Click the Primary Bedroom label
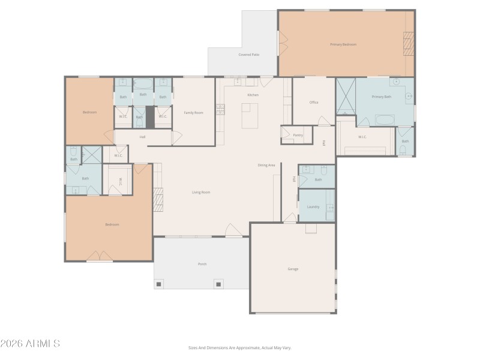[343, 44]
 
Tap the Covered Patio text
[248, 55]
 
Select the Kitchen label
[253, 95]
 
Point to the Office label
[314, 103]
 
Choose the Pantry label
[298, 135]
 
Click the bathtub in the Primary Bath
[385, 119]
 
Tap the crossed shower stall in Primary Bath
[346, 96]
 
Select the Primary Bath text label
[381, 97]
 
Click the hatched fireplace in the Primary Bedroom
[409, 44]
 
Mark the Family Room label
[193, 112]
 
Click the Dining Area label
[266, 165]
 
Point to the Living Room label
[201, 193]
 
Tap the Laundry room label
[313, 207]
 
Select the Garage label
[293, 269]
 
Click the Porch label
[202, 264]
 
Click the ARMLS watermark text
[30, 344]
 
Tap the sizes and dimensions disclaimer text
[239, 347]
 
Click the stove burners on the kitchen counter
[220, 109]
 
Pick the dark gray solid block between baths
[150, 117]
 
